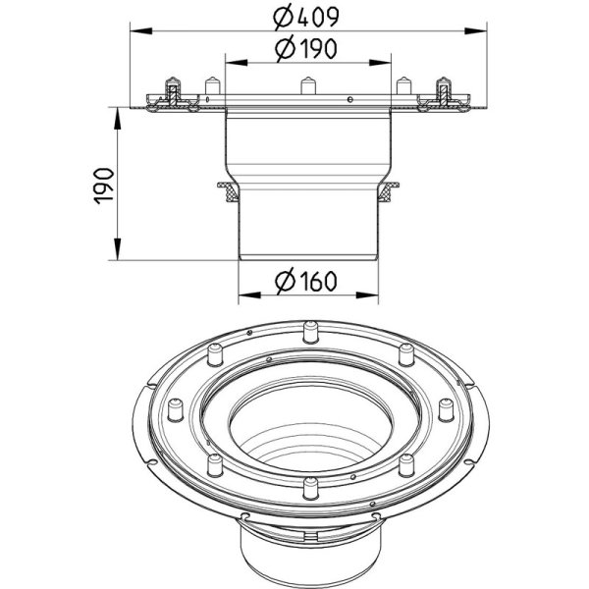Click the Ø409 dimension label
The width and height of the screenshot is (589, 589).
(305, 17)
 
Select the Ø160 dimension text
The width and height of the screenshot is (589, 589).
(305, 282)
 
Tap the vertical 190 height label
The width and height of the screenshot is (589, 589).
(104, 186)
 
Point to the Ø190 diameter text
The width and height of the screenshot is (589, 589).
(305, 49)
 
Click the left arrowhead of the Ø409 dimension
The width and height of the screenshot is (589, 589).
(141, 31)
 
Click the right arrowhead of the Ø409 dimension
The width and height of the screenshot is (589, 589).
(475, 31)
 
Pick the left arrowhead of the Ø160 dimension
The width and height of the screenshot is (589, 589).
(249, 295)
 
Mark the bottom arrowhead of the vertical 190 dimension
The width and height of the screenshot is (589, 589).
(118, 248)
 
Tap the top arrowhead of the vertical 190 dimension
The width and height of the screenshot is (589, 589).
(118, 119)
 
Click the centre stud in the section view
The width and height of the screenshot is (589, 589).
(308, 85)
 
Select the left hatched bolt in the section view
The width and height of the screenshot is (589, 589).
(173, 94)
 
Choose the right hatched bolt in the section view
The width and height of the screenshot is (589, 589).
(444, 94)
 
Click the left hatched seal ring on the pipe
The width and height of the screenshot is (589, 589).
(229, 191)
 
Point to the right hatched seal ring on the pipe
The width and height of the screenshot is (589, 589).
(388, 191)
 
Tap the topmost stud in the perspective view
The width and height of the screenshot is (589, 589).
(310, 332)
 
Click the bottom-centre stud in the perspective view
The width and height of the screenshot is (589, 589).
(310, 488)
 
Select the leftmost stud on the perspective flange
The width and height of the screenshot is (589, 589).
(175, 409)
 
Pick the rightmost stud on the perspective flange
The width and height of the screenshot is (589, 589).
(447, 409)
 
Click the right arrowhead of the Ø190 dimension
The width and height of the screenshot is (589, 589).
(380, 63)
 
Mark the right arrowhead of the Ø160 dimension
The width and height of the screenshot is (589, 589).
(367, 295)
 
